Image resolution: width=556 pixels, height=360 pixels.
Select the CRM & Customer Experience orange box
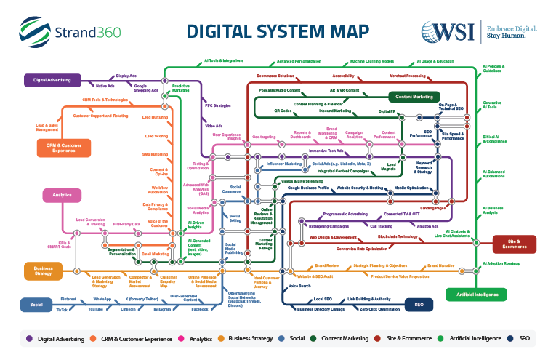click(64, 148)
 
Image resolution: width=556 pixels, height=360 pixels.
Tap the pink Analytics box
click(62, 195)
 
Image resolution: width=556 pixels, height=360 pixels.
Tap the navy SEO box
click(419, 305)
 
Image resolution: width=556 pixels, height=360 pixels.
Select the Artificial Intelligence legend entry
click(465, 338)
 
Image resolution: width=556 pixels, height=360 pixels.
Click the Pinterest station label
click(68, 299)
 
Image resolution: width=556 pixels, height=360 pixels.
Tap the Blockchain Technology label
click(397, 237)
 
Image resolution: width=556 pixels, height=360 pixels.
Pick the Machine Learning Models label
click(371, 62)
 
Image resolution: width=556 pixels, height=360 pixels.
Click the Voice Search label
click(299, 286)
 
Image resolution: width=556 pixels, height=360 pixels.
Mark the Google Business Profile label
click(308, 188)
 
